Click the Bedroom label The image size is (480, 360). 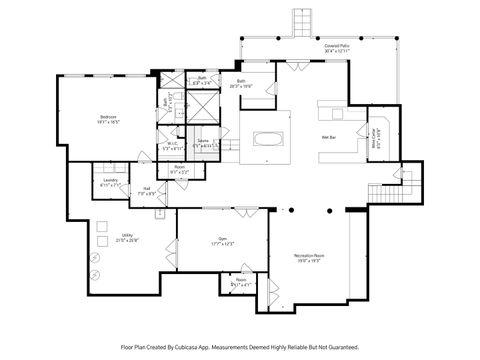(x=108, y=117)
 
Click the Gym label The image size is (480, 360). (x=222, y=238)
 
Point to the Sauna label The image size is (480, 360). (x=203, y=142)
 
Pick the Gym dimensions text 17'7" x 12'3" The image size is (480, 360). (x=222, y=244)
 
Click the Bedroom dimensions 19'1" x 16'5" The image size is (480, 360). (x=108, y=123)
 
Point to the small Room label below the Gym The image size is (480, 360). (x=241, y=280)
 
